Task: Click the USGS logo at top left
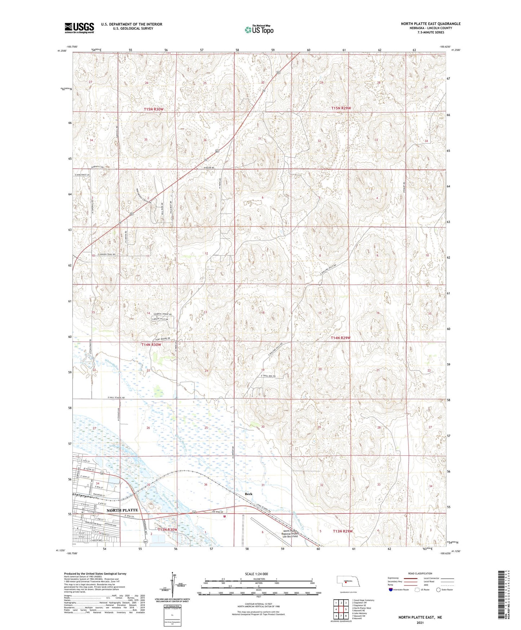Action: (79, 28)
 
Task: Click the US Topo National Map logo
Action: (259, 29)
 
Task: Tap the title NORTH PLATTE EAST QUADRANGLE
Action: (431, 24)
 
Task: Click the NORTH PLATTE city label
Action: (122, 510)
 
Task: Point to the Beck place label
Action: (248, 494)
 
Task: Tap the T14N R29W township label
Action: (341, 338)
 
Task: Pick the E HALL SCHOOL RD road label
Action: (116, 398)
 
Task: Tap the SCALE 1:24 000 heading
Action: (256, 574)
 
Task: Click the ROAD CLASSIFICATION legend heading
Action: (420, 573)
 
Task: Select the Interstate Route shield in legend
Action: (391, 590)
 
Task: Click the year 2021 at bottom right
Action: (420, 622)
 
